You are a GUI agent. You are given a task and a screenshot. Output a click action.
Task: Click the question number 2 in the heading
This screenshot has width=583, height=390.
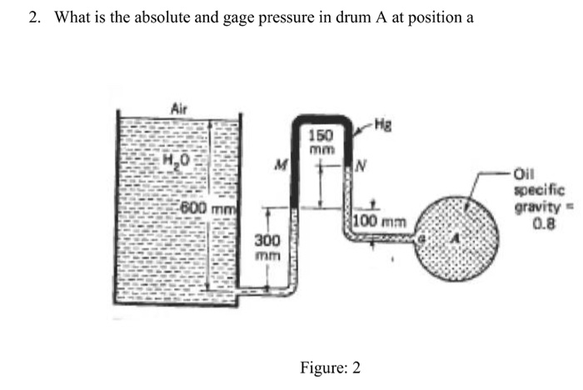32,18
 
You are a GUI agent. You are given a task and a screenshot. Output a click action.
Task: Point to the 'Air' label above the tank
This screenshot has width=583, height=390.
178,107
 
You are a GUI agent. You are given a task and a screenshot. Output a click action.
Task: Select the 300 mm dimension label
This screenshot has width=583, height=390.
267,247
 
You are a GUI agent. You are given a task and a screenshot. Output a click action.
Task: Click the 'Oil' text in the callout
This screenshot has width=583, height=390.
524,174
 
